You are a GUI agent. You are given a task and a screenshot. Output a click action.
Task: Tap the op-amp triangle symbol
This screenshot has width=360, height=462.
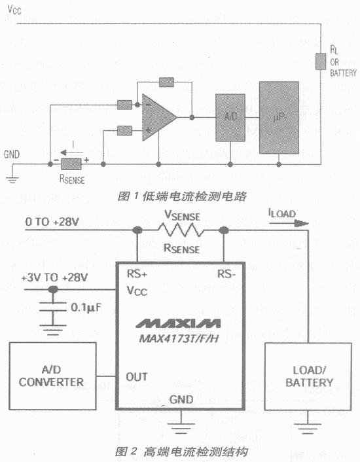(x=158, y=117)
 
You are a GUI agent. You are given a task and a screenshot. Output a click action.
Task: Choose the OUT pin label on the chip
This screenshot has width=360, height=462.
(x=137, y=377)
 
